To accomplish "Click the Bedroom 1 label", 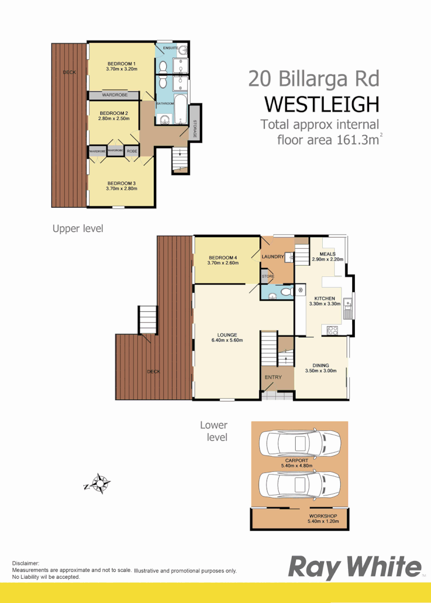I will click(x=121, y=63).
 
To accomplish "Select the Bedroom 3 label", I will click(x=121, y=183).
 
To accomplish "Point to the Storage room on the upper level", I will click(x=195, y=122).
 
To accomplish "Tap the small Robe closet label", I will click(x=131, y=151).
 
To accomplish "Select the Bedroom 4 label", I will click(x=223, y=258).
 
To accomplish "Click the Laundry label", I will click(x=272, y=257).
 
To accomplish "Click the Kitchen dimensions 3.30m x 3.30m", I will click(x=325, y=303).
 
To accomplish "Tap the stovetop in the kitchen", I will click(x=332, y=330).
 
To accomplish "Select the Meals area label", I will click(x=327, y=254).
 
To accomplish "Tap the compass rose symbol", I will click(x=101, y=483).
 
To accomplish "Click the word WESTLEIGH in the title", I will click(x=321, y=105).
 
